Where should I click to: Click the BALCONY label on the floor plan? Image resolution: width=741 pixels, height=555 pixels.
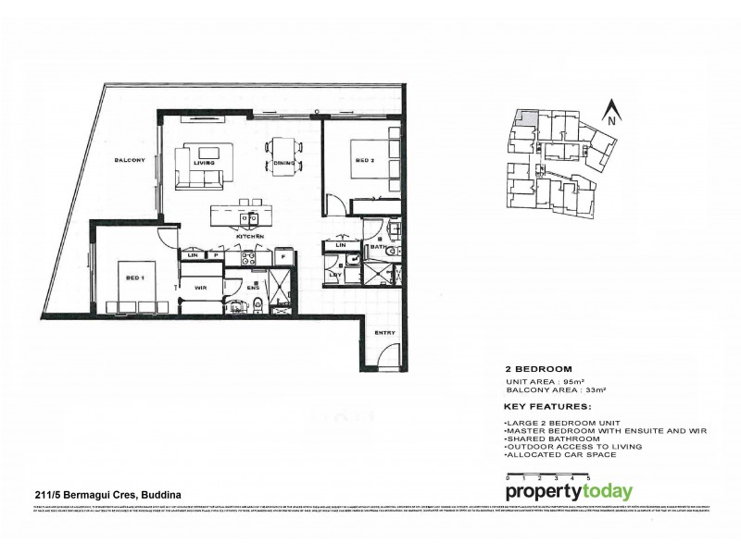coord(129,161)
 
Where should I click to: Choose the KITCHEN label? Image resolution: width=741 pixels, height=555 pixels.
coord(250,238)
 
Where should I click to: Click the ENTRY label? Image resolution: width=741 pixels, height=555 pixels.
coord(385,331)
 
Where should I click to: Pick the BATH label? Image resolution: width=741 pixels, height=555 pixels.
coord(378,247)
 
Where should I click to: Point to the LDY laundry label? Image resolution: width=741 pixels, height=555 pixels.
coord(334,274)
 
